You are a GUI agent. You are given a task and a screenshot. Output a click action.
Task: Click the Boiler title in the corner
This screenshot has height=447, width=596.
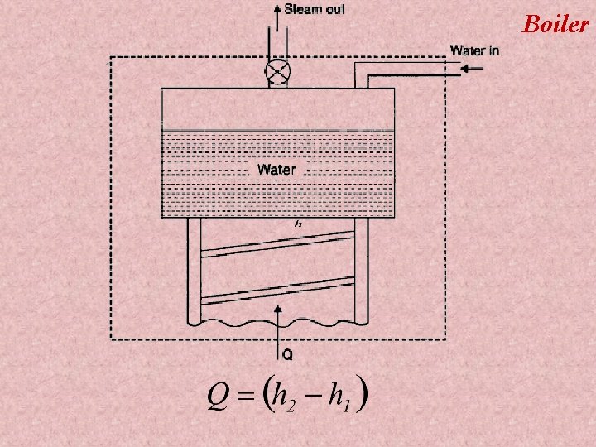click(x=555, y=23)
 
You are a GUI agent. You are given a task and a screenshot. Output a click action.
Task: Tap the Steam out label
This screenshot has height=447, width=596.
click(x=315, y=10)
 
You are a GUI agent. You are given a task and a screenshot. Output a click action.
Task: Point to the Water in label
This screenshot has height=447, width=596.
click(x=474, y=50)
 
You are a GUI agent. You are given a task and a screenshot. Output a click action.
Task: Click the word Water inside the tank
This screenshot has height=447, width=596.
click(x=276, y=170)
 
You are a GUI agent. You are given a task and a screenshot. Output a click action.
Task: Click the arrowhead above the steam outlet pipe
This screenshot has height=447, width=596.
click(x=276, y=7)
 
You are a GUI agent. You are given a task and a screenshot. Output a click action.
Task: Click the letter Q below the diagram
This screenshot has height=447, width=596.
click(x=287, y=355)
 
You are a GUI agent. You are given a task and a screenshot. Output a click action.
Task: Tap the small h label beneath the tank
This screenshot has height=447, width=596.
click(x=296, y=223)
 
